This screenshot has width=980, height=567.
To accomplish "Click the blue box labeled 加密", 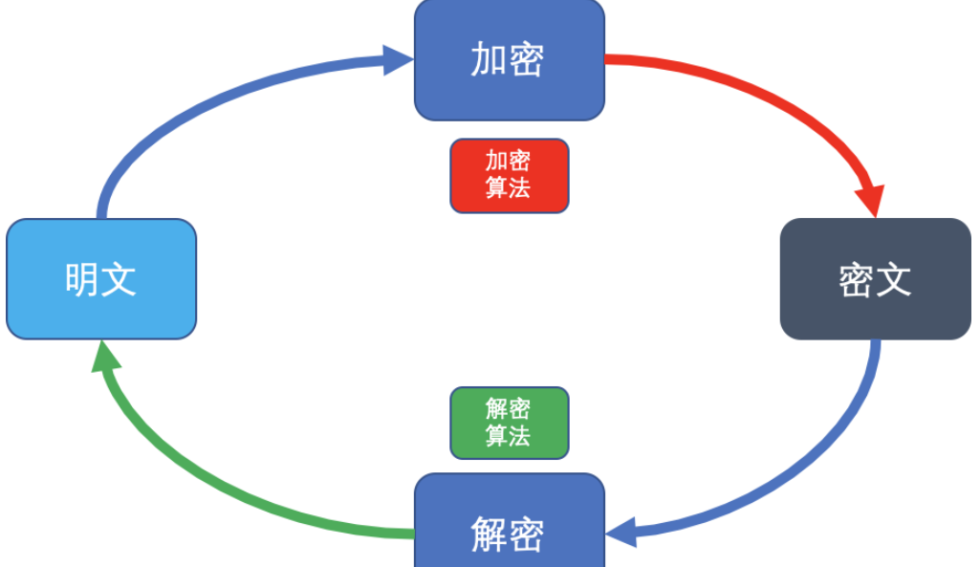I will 509,59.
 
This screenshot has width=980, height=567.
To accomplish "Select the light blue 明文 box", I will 100,278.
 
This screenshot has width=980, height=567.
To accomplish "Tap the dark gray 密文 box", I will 875,278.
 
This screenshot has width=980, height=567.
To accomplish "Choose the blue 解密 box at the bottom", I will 509,531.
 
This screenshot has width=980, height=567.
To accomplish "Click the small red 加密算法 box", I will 509,175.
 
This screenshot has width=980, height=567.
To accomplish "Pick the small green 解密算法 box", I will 509,423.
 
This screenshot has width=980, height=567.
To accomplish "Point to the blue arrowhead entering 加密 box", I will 398,59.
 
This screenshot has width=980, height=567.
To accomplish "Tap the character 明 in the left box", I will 82,278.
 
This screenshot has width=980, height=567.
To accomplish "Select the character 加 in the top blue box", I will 489,59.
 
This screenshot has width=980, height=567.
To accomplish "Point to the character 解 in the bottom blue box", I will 489,534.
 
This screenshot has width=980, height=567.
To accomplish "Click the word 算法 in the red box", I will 509,187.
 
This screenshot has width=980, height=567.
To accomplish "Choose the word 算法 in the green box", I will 509,436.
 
